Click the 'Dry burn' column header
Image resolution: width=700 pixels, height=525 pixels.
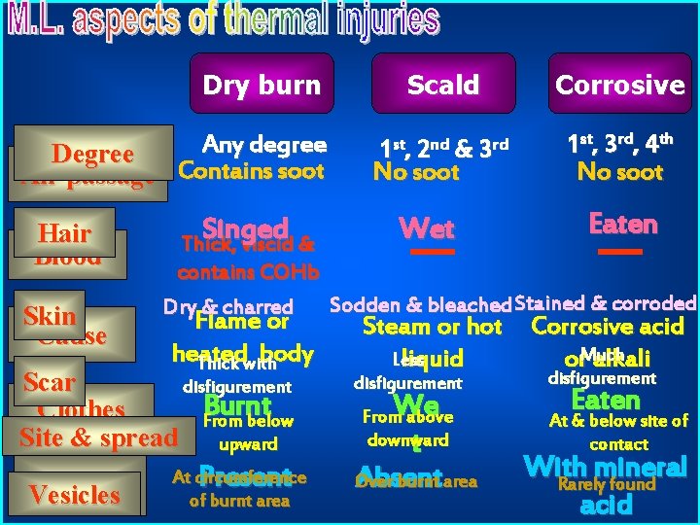point(262,85)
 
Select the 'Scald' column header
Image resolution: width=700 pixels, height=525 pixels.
point(442,85)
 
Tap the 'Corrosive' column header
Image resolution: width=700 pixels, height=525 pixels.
point(619,85)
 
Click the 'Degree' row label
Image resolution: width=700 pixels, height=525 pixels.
point(92,154)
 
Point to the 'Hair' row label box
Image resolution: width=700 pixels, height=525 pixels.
point(64,232)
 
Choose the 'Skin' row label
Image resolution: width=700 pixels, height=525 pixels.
point(50,315)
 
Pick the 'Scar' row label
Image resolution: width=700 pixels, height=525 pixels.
point(49,382)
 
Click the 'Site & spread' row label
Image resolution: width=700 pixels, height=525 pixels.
point(98,437)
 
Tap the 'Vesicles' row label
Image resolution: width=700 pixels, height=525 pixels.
point(75,494)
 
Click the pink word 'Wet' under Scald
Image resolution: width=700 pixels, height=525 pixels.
point(427,228)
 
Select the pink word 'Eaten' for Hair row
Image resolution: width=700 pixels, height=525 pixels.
point(623,225)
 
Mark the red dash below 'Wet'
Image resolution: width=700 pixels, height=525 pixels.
point(427,252)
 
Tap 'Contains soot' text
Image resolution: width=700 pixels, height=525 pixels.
point(252,171)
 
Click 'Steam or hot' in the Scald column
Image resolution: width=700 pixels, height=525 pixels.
point(431,327)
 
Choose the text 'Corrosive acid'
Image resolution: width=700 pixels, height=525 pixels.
point(608,327)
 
